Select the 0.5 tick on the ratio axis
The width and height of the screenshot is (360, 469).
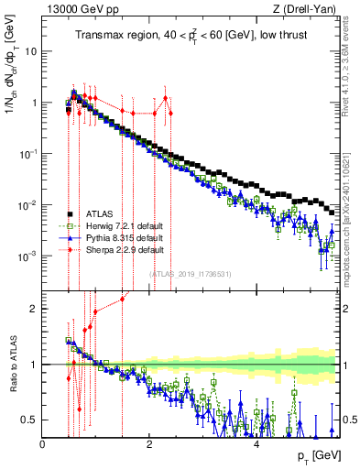(x=29, y=420)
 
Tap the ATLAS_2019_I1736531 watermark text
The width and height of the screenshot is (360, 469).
(x=190, y=274)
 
